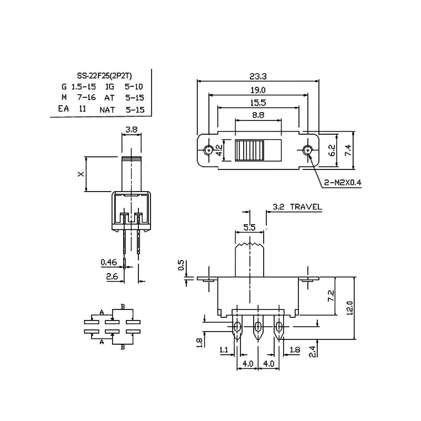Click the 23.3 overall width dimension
[x=257, y=76]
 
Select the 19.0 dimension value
[x=257, y=90]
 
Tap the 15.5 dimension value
[x=257, y=103]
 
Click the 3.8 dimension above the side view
[x=132, y=128]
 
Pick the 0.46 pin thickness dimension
[x=108, y=262]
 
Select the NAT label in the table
[x=107, y=109]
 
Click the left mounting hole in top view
[x=209, y=151]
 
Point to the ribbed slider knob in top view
[x=250, y=151]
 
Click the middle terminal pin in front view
[x=258, y=330]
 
